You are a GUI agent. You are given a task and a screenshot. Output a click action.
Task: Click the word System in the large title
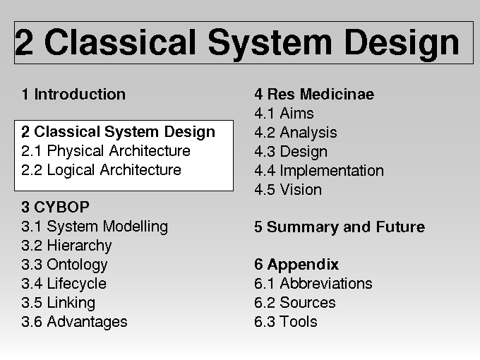click(x=270, y=43)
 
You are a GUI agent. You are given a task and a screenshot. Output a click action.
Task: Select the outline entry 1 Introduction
click(x=73, y=94)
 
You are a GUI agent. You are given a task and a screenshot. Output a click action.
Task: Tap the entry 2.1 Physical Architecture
click(x=106, y=151)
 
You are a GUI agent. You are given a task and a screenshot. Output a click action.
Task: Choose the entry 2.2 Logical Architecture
click(x=102, y=170)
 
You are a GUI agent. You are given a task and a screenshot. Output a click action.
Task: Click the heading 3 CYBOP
click(x=55, y=208)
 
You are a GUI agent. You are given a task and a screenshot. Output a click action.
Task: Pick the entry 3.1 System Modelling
click(x=95, y=227)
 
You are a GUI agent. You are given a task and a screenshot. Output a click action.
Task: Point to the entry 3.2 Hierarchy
click(x=67, y=246)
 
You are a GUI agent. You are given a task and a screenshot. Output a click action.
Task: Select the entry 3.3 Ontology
click(x=65, y=265)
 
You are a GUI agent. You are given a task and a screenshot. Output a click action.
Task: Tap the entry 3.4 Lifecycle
click(x=64, y=284)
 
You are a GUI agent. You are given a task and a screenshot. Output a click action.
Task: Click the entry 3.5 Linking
click(x=59, y=303)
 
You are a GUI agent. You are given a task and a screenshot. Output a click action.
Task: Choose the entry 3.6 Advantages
click(x=74, y=322)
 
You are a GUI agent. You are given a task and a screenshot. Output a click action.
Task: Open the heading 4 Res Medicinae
click(x=314, y=94)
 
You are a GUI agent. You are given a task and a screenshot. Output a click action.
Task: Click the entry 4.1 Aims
click(x=284, y=113)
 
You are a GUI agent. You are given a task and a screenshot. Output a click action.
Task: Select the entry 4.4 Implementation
click(x=319, y=171)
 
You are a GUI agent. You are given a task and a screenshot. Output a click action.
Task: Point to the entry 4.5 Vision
click(x=288, y=190)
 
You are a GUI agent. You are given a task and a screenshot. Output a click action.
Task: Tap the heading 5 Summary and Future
click(x=340, y=227)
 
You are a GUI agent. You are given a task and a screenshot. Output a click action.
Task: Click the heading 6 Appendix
click(x=296, y=265)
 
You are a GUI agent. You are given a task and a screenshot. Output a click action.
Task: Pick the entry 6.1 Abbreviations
click(x=313, y=284)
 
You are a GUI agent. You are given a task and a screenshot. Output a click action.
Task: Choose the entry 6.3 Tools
click(x=286, y=322)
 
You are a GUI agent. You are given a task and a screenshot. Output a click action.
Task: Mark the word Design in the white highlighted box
click(x=189, y=132)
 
